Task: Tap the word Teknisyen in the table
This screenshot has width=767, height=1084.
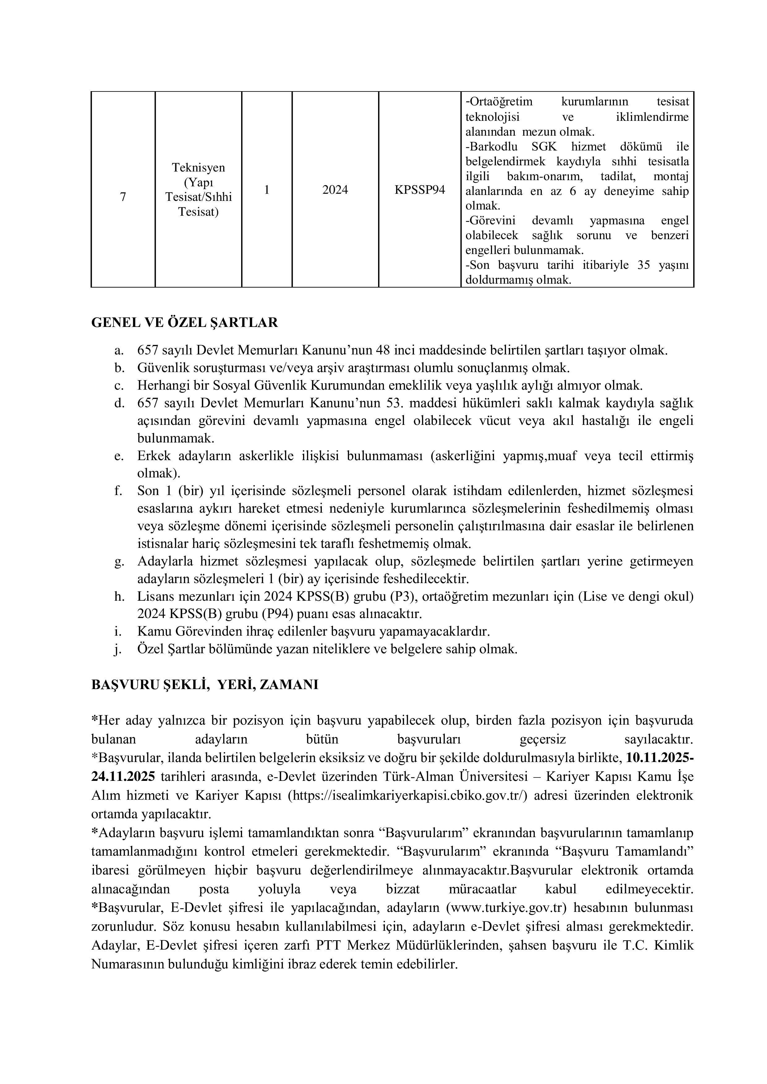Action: [x=198, y=167]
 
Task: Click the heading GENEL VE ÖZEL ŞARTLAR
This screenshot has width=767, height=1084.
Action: [x=184, y=323]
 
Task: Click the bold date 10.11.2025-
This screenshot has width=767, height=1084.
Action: [x=659, y=758]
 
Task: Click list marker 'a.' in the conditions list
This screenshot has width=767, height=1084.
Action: [x=119, y=350]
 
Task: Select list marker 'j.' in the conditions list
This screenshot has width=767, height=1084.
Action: [x=118, y=649]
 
